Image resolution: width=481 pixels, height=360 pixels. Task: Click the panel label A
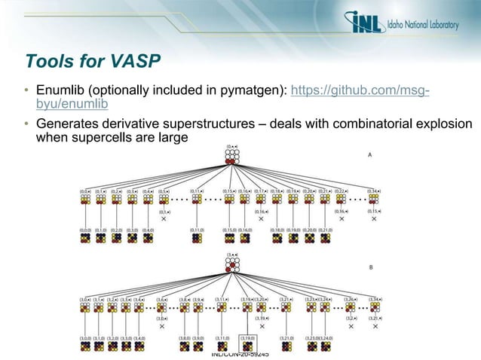point(369,154)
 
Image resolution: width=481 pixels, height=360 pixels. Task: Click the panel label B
point(369,267)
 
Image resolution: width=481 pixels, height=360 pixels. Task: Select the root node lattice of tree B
point(231,265)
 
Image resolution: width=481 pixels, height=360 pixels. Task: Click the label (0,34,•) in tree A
point(373,192)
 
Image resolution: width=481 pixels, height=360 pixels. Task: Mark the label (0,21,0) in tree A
point(324,230)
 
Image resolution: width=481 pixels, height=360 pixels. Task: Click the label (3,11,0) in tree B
point(223,338)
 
